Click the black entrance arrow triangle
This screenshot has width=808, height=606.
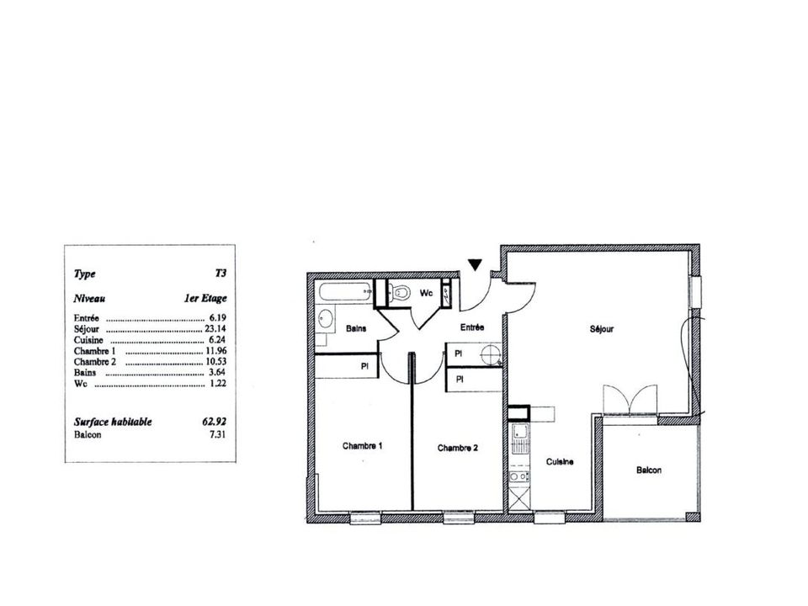475,265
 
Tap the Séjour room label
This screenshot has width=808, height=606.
602,329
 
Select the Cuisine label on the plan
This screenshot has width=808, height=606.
560,462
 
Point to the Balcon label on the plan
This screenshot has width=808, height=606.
649,470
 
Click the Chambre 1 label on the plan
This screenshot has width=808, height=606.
362,446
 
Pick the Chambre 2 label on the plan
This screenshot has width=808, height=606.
458,448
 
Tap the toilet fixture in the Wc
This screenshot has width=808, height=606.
399,293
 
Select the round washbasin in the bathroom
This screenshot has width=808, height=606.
325,318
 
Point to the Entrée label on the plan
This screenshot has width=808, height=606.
472,327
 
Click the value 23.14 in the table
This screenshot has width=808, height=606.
215,328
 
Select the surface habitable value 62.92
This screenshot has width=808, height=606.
215,422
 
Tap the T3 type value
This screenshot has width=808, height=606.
221,273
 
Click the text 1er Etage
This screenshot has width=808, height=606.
205,298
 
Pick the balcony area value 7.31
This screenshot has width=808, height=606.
217,434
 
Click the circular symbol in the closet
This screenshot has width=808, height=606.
490,354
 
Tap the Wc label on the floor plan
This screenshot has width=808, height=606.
426,293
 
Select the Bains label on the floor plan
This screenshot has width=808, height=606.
356,328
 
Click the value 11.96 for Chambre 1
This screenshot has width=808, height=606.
216,351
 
